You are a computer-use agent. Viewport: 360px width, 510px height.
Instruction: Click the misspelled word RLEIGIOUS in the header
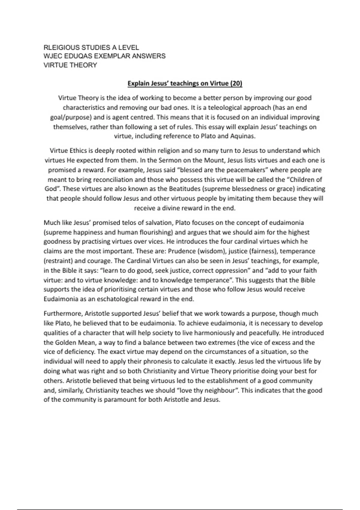(61, 47)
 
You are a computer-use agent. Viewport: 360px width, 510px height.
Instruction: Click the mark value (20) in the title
(236, 83)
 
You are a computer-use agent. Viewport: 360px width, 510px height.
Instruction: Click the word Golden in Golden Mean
(65, 343)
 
